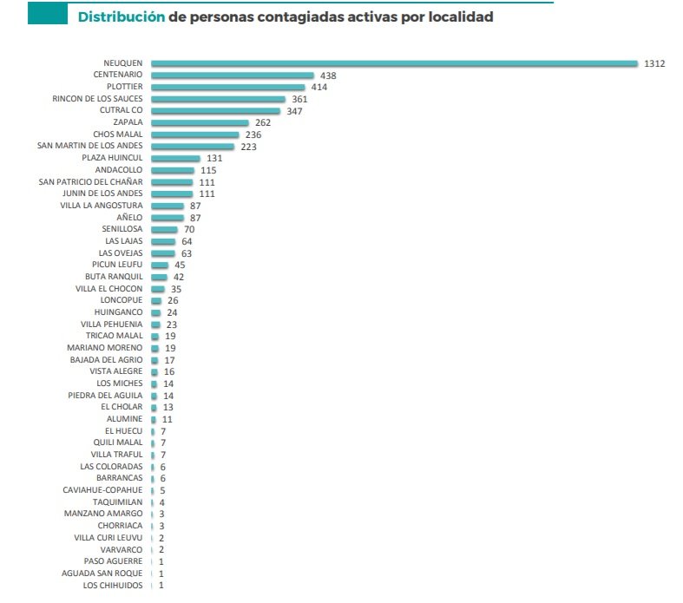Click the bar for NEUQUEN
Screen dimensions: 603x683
coord(395,63)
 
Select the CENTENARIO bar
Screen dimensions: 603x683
coord(233,75)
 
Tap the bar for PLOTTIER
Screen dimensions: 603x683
coord(228,88)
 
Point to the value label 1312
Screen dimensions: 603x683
coord(654,63)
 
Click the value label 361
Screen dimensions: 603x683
coord(300,99)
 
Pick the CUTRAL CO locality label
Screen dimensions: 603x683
coord(121,111)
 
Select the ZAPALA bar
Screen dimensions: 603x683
coord(200,123)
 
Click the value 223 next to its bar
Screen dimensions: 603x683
coord(248,147)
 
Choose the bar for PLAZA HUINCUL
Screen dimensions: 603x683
coord(175,159)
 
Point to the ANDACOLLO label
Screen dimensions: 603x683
coord(119,170)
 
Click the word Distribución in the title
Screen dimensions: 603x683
coord(121,16)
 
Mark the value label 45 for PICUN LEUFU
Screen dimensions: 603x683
coord(180,265)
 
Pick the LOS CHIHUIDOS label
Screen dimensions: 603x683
coord(113,585)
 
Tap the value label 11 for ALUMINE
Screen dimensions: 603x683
coord(167,418)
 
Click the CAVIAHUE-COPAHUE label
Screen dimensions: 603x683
coord(102,490)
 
